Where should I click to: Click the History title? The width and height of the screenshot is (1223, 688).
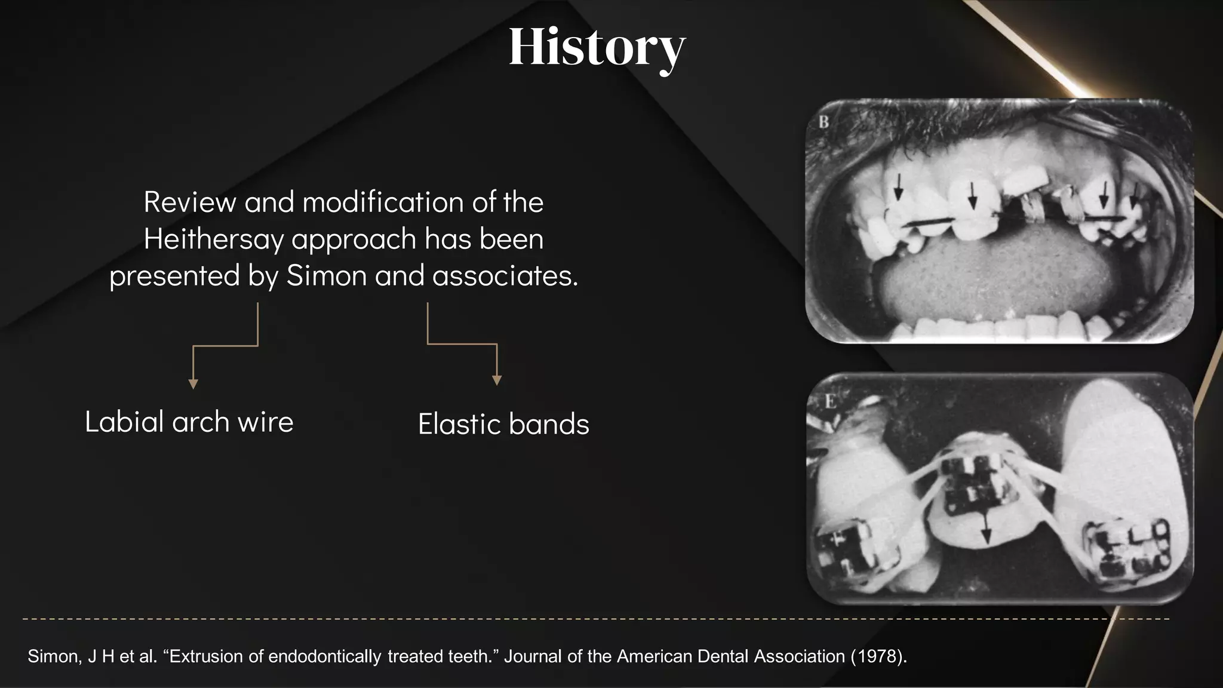597,48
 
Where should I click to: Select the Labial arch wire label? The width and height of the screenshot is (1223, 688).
189,422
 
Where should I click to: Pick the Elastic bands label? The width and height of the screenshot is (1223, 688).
503,425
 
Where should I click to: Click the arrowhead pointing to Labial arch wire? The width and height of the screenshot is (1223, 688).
193,384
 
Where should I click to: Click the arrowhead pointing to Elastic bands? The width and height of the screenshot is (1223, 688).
496,380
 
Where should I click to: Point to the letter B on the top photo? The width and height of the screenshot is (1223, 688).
824,122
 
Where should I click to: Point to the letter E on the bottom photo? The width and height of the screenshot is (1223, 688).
830,402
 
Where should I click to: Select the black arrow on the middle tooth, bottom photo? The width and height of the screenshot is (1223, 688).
986,528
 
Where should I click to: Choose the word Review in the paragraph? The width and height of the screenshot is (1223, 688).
189,202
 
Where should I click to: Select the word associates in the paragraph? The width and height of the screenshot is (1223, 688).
505,276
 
